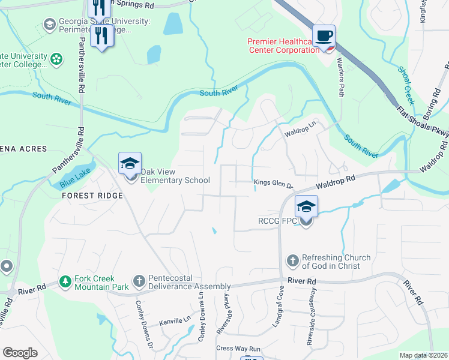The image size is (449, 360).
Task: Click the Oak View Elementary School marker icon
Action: pyautogui.click(x=130, y=163)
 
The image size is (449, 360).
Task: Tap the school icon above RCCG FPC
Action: pyautogui.click(x=306, y=207)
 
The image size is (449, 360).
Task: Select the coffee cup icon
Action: pyautogui.click(x=324, y=35)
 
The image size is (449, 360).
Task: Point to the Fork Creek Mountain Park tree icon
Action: pyautogui.click(x=65, y=281)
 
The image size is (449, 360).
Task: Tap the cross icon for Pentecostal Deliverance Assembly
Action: pyautogui.click(x=139, y=281)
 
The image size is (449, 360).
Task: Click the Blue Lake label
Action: pyautogui.click(x=72, y=178)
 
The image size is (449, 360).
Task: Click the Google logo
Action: pyautogui.click(x=20, y=353)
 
